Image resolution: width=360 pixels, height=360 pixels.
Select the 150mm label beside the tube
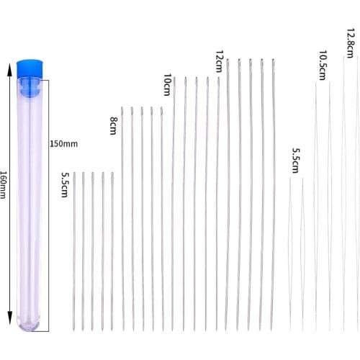(63, 143)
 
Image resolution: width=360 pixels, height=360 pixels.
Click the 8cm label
(114, 126)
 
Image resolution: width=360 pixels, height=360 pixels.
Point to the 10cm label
(168, 86)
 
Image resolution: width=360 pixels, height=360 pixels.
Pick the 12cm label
(219, 62)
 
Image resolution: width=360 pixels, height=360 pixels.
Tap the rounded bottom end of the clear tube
(30, 324)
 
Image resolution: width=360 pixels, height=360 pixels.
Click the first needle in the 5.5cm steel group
(74, 252)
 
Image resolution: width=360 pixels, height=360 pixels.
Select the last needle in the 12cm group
(273, 194)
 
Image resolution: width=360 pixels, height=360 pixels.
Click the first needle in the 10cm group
(174, 202)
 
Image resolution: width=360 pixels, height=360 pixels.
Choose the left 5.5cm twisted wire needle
(290, 252)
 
